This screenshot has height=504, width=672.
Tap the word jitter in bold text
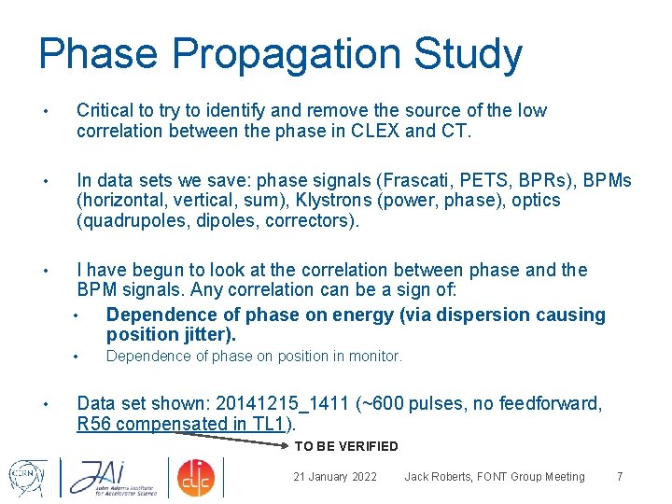click(x=207, y=334)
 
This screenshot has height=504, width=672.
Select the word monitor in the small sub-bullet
click(x=373, y=356)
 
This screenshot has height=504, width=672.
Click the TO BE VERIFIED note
click(x=346, y=446)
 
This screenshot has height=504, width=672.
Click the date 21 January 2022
click(x=335, y=477)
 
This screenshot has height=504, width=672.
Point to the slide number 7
click(x=620, y=477)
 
